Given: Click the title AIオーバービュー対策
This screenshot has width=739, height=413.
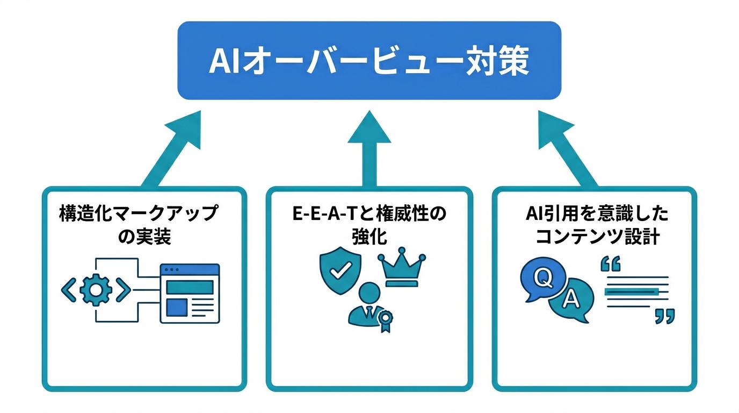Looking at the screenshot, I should click(369, 61).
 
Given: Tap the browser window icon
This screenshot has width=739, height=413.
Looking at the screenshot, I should click(190, 293).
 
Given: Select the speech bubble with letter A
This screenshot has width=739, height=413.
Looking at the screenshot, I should click(570, 301).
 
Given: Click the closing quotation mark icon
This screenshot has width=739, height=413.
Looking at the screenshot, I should click(664, 316).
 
